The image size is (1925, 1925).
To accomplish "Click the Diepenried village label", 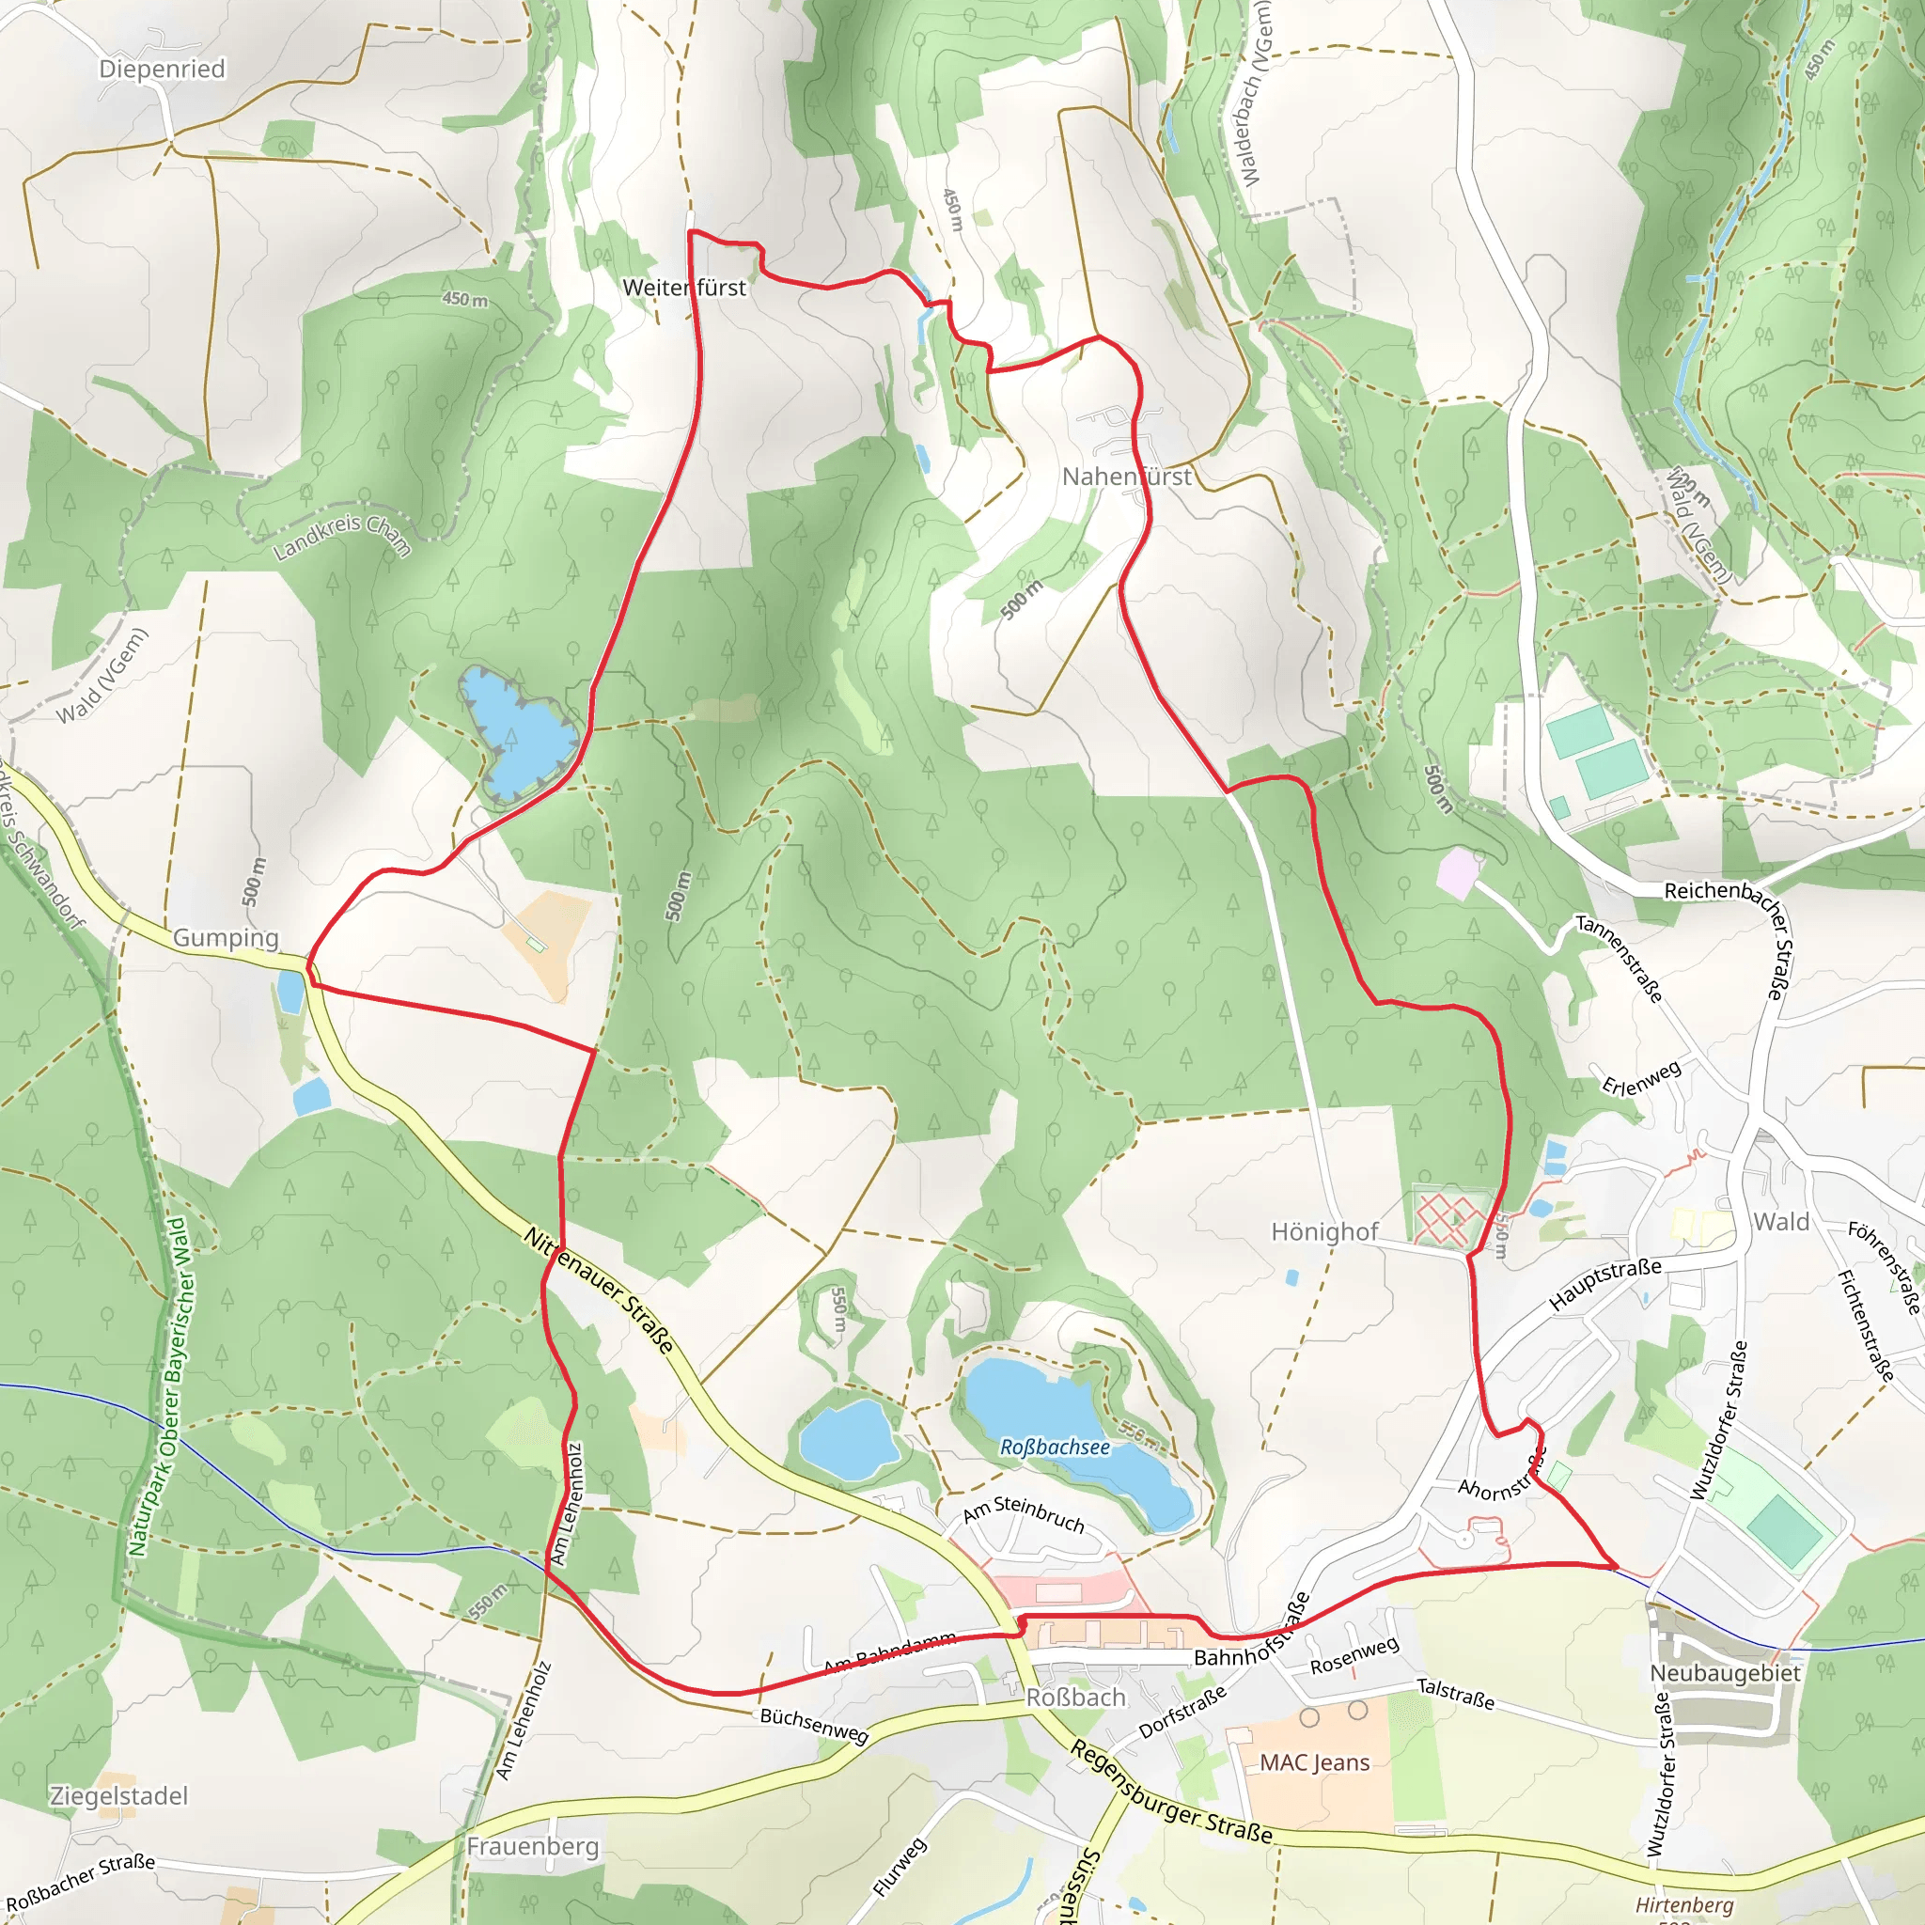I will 163,69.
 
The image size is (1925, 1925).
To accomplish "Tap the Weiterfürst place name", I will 683,288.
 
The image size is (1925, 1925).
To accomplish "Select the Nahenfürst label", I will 1126,477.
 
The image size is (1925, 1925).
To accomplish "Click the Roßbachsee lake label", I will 1055,1447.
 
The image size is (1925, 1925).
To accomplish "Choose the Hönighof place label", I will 1324,1232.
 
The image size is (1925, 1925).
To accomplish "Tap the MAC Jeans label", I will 1314,1762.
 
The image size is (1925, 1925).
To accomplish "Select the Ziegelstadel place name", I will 118,1796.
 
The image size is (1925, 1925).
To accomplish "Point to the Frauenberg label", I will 532,1846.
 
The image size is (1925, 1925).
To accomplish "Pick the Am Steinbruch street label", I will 1024,1514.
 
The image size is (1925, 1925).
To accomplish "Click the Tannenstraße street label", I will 1619,958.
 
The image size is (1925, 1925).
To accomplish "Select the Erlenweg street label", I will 1641,1077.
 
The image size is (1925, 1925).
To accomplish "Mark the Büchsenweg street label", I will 814,1725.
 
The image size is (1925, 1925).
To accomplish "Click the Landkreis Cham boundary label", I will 342,535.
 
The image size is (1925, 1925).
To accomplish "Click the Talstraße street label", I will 1456,1693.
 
